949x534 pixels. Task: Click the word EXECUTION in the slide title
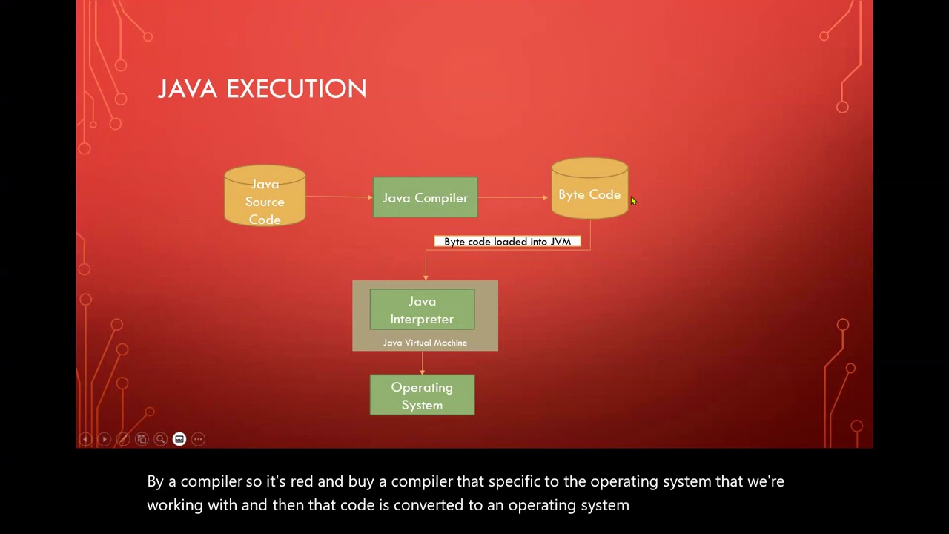pyautogui.click(x=296, y=88)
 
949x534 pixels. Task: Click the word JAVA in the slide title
pyautogui.click(x=188, y=88)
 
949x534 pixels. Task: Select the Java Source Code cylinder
pyautogui.click(x=265, y=195)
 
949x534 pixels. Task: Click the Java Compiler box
pyautogui.click(x=425, y=197)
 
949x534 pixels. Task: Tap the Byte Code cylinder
pyautogui.click(x=589, y=188)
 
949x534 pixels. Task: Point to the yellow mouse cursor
pyautogui.click(x=633, y=201)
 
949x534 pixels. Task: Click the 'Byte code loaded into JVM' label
pyautogui.click(x=508, y=242)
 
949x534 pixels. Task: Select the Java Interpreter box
pyautogui.click(x=422, y=309)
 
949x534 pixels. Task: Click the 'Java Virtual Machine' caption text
pyautogui.click(x=425, y=343)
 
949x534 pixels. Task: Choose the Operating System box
pyautogui.click(x=422, y=395)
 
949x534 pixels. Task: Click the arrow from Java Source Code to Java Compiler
pyautogui.click(x=339, y=197)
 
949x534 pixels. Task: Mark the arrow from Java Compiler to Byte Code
pyautogui.click(x=512, y=197)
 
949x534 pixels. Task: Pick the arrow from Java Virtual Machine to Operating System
pyautogui.click(x=422, y=363)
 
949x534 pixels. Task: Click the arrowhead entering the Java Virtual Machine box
pyautogui.click(x=426, y=277)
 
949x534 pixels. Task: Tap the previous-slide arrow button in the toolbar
pyautogui.click(x=85, y=439)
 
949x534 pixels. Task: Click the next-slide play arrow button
pyautogui.click(x=105, y=439)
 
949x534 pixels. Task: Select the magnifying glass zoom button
pyautogui.click(x=161, y=439)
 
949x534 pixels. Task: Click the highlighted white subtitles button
pyautogui.click(x=179, y=439)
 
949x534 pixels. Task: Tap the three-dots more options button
pyautogui.click(x=198, y=439)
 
